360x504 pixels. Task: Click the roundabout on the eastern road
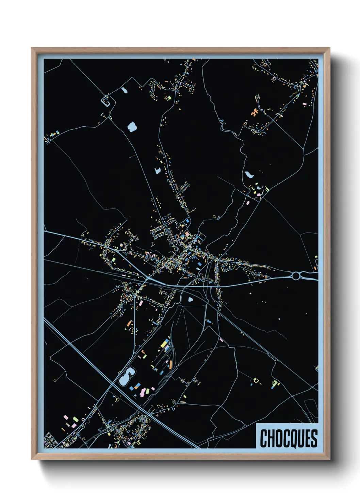[x=296, y=275]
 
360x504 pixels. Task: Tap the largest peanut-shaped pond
[x=126, y=377]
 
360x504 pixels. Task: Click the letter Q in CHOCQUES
[x=294, y=439]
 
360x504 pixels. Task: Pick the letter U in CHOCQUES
[x=301, y=439]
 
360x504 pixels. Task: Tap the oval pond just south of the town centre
[x=190, y=300]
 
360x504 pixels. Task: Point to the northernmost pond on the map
[x=124, y=90]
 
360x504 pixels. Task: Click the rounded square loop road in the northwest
[x=106, y=101]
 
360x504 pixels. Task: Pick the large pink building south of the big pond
[x=141, y=393]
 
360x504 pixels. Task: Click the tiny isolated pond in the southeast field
[x=279, y=319]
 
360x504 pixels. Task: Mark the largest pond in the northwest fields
[x=132, y=127]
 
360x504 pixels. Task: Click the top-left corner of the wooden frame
[x=32, y=48]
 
